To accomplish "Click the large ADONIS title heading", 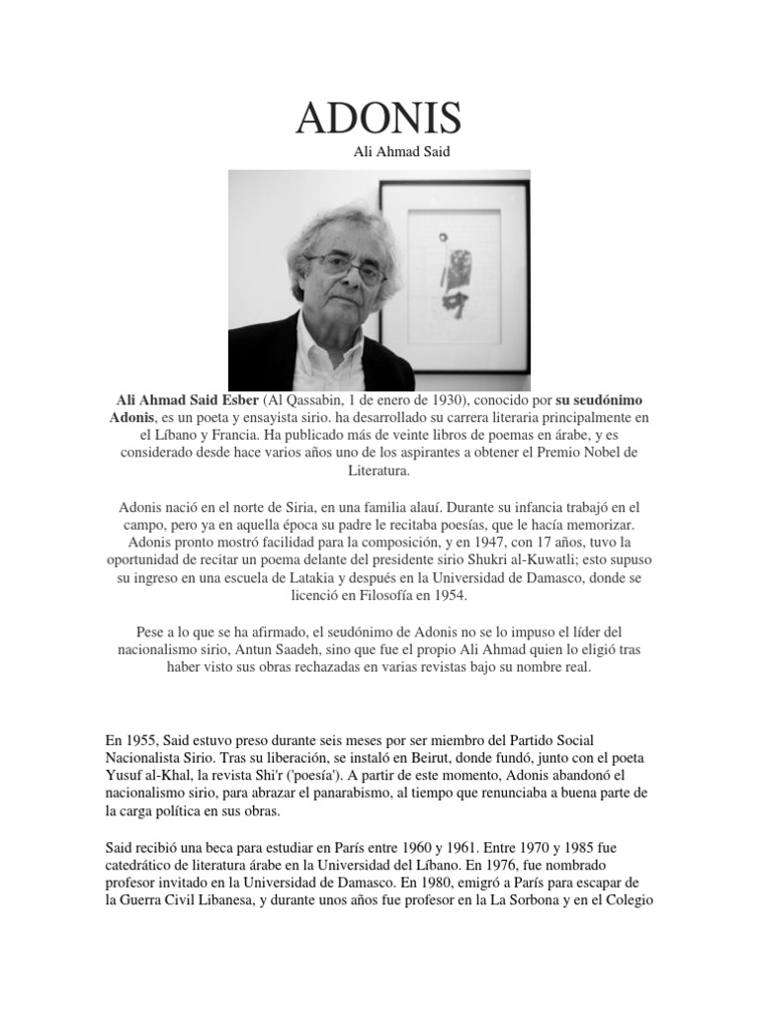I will [x=379, y=120].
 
